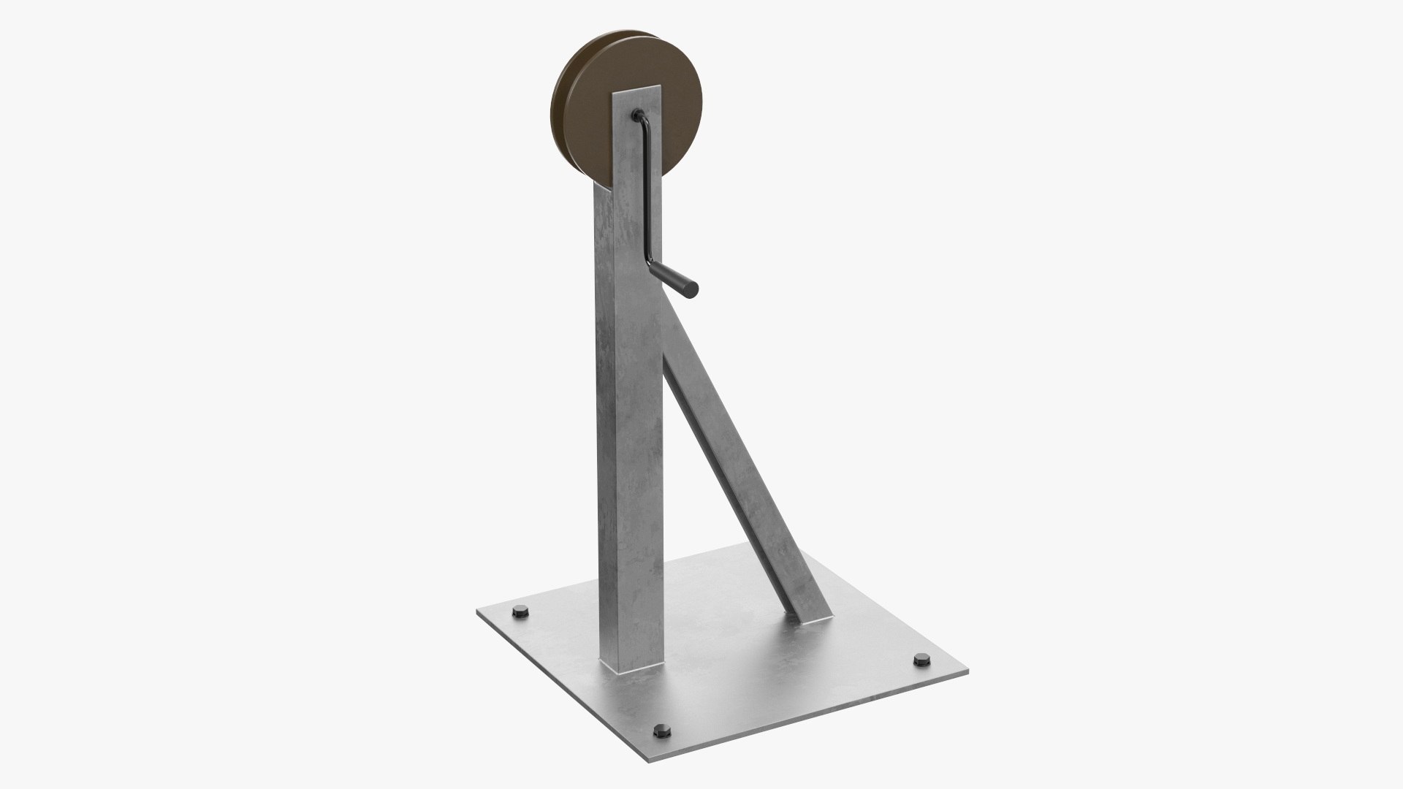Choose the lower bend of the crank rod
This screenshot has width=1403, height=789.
(650, 262)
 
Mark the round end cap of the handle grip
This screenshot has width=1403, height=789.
(692, 289)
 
